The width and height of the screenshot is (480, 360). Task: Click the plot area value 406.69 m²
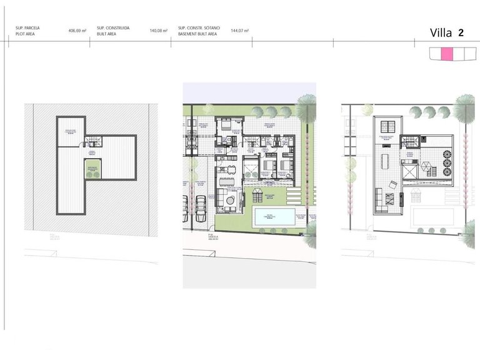[x=77, y=30]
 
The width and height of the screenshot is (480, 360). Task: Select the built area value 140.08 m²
[x=159, y=30]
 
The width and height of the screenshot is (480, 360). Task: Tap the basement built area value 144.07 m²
[x=240, y=30]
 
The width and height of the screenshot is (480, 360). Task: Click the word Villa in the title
[x=441, y=33]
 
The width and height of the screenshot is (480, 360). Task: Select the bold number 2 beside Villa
[x=461, y=32]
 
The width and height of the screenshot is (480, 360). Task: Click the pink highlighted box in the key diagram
[x=447, y=54]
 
